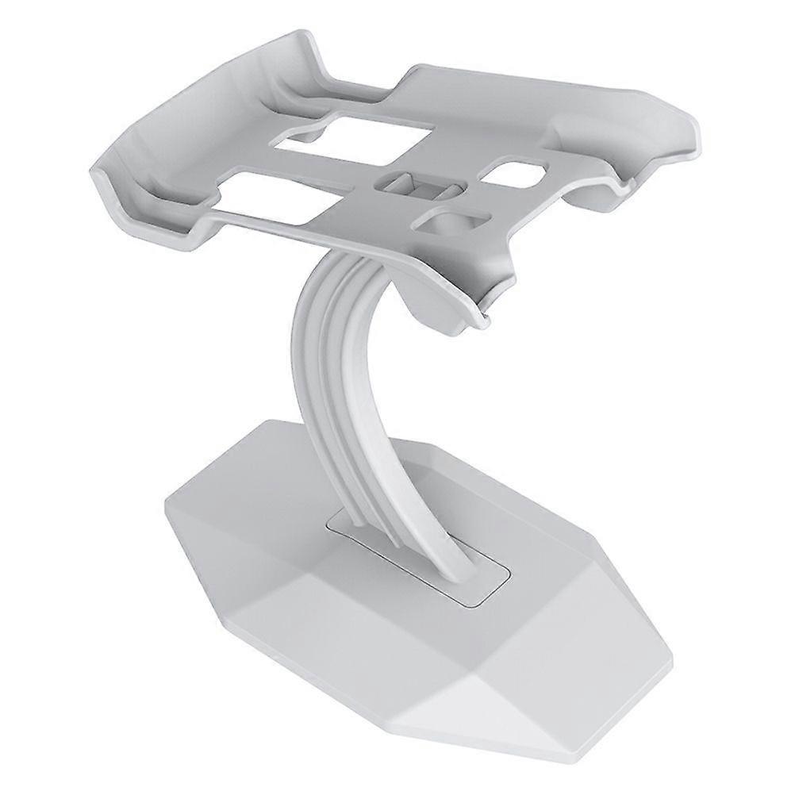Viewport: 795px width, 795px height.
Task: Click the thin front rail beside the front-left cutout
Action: (270, 226)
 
